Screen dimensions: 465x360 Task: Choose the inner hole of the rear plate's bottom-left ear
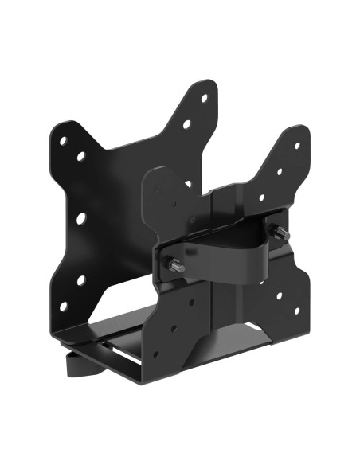81,280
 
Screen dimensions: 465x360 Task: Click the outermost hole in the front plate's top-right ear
297,146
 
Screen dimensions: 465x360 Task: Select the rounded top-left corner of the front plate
153,174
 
